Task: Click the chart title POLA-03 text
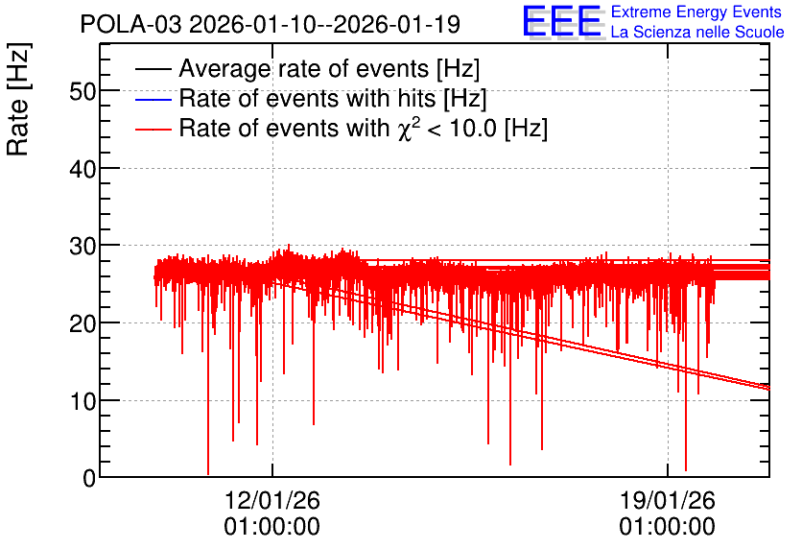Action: pyautogui.click(x=130, y=24)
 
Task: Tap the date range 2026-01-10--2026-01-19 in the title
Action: pyautogui.click(x=325, y=24)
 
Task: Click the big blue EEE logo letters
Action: pyautogui.click(x=561, y=21)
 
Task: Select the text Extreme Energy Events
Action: pyautogui.click(x=696, y=12)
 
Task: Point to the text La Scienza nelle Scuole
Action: pyautogui.click(x=697, y=33)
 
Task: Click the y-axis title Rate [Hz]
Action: pyautogui.click(x=18, y=99)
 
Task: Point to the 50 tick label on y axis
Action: pyautogui.click(x=83, y=92)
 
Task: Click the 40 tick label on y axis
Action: pyautogui.click(x=83, y=169)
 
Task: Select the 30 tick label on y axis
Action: pyautogui.click(x=83, y=247)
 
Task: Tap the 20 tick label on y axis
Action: pyautogui.click(x=83, y=323)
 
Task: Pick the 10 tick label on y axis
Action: pyautogui.click(x=83, y=401)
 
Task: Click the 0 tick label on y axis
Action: pyautogui.click(x=89, y=479)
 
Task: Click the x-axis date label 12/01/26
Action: pyautogui.click(x=272, y=500)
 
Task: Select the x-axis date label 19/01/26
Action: pyautogui.click(x=668, y=500)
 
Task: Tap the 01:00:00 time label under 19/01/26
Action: pyautogui.click(x=668, y=527)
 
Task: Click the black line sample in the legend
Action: pyautogui.click(x=153, y=69)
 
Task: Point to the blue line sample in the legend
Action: pyautogui.click(x=153, y=99)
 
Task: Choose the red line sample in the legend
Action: pyautogui.click(x=153, y=129)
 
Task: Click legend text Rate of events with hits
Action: pyautogui.click(x=307, y=98)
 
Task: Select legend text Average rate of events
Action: pyautogui.click(x=304, y=68)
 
